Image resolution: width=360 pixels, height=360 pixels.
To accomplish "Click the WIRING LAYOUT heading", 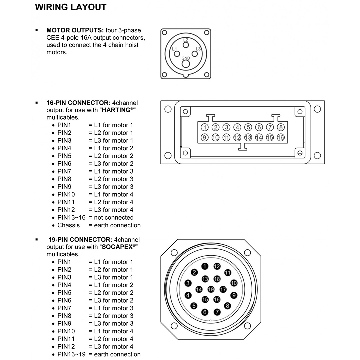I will pyautogui.click(x=71, y=7).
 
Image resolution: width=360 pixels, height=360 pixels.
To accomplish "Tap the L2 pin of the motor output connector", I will pyautogui.click(x=186, y=45).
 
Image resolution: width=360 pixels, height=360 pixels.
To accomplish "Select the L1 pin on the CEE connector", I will pyautogui.click(x=177, y=54).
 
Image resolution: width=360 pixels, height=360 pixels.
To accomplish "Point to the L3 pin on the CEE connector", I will pyautogui.click(x=195, y=54).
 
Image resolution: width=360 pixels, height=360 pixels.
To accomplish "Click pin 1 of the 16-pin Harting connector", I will pyautogui.click(x=205, y=127).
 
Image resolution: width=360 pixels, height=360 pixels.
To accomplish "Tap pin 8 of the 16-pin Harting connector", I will pyautogui.click(x=281, y=127).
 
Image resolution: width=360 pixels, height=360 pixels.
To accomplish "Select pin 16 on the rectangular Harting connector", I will pyautogui.click(x=281, y=137).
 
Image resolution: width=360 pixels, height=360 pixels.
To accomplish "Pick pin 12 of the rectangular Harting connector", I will pyautogui.click(x=237, y=137).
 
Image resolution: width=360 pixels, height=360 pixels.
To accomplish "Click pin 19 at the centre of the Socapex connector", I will pyautogui.click(x=211, y=289).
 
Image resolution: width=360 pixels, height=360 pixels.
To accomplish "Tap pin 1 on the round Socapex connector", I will pyautogui.click(x=205, y=266).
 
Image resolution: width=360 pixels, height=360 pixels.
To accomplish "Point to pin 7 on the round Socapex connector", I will pyautogui.click(x=217, y=312).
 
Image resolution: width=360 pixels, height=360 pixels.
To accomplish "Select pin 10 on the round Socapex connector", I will pyautogui.click(x=234, y=283).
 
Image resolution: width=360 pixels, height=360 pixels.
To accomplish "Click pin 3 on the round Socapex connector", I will pyautogui.click(x=188, y=283).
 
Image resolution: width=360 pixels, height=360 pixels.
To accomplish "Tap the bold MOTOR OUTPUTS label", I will pyautogui.click(x=75, y=30).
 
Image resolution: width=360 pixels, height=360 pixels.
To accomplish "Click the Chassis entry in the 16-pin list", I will pyautogui.click(x=69, y=225).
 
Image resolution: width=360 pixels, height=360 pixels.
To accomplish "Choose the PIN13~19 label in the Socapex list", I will pyautogui.click(x=71, y=354).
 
